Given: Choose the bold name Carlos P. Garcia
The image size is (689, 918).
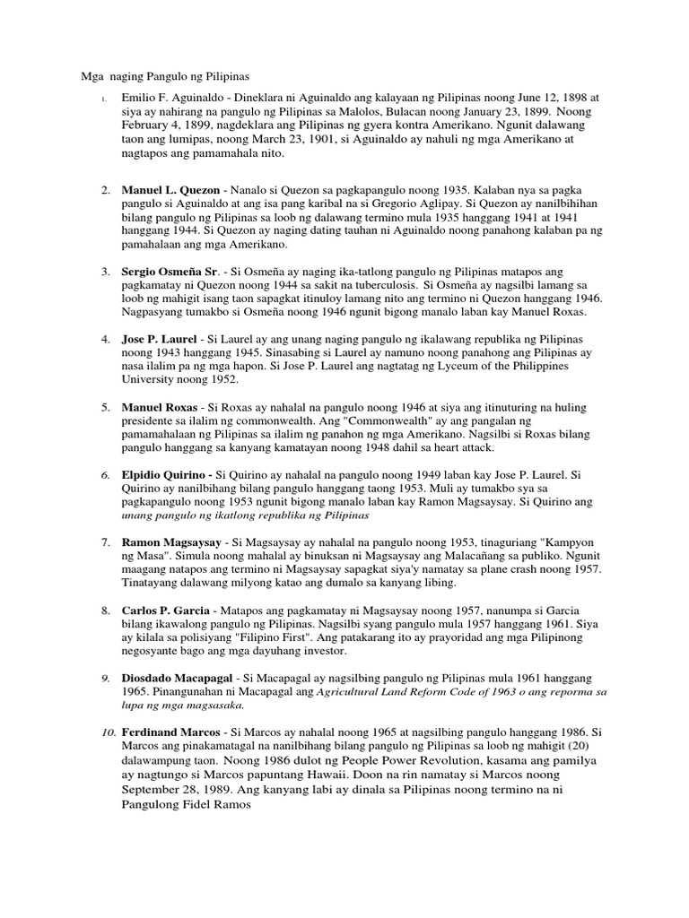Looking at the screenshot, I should [166, 611].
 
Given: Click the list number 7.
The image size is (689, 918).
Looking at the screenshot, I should [105, 543].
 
